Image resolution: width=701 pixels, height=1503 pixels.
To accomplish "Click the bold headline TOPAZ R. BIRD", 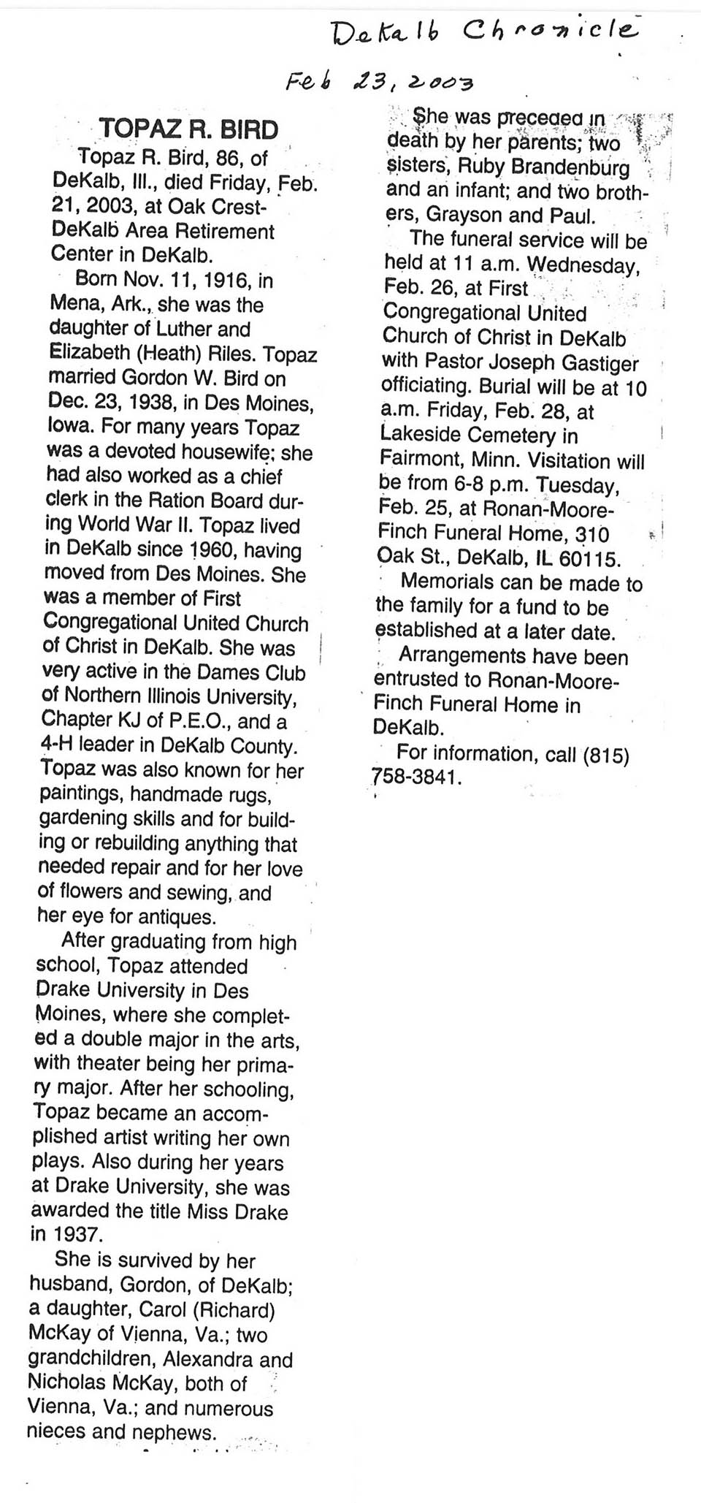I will coord(188,129).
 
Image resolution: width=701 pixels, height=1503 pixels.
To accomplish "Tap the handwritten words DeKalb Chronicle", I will coord(483,31).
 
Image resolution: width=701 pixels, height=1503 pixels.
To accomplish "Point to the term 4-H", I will coord(55,745).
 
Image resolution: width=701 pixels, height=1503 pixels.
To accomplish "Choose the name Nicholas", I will coord(69,1383).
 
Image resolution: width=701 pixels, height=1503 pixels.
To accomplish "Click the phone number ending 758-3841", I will coord(417,777).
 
